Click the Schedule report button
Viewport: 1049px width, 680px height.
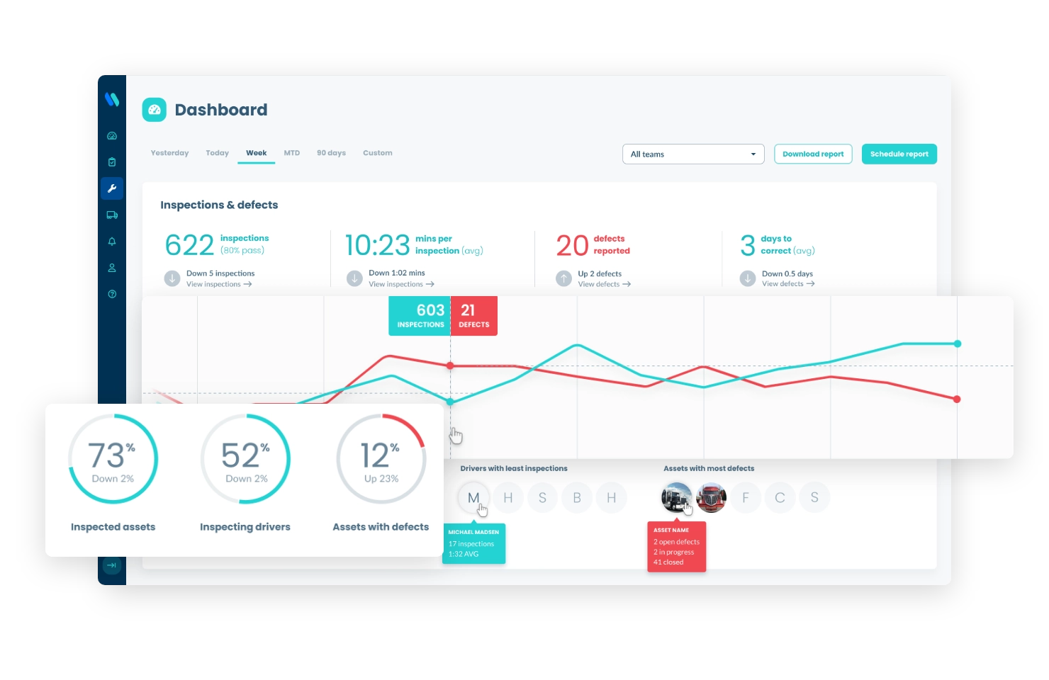pos(899,154)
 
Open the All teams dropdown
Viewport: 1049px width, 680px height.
pos(692,154)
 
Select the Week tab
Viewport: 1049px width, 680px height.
pos(256,153)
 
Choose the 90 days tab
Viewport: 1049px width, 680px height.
pos(331,153)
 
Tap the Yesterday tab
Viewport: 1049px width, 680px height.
pos(169,153)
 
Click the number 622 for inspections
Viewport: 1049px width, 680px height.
pos(189,245)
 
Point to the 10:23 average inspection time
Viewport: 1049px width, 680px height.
pos(377,245)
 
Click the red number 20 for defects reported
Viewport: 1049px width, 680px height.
pos(572,246)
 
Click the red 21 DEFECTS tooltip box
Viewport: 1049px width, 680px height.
pos(474,316)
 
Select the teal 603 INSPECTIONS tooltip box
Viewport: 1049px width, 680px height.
pos(420,316)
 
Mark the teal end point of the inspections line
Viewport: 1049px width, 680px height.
pos(958,344)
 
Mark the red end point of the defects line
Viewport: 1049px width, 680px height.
pos(957,399)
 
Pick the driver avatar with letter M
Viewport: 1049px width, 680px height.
pos(473,498)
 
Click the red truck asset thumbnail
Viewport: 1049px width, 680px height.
pos(711,498)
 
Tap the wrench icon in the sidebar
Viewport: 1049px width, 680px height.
pos(112,188)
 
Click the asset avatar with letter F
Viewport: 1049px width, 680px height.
pos(746,498)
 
